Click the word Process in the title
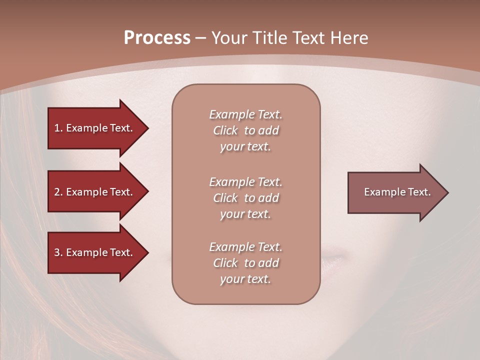point(157,38)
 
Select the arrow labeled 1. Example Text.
point(95,128)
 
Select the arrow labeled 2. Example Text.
point(95,192)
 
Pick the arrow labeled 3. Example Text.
point(95,252)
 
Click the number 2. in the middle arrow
point(58,192)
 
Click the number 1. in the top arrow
point(58,128)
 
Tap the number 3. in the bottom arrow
point(58,252)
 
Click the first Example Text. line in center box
point(245,114)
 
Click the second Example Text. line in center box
point(245,182)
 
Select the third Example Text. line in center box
point(245,247)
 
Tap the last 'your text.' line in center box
point(245,279)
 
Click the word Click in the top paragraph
point(225,130)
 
